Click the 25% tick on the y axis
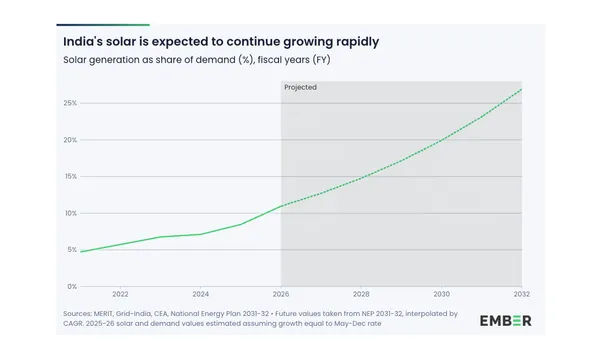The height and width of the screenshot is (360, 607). coord(70,103)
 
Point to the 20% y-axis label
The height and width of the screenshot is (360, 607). coord(70,140)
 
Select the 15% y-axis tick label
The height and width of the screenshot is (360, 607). coord(70,176)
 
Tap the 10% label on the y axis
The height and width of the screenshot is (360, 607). coord(70,213)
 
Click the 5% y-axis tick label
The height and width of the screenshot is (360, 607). coord(71,250)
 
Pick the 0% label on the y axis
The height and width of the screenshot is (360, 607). coord(71,286)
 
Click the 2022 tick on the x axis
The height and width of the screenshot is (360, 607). coord(120,295)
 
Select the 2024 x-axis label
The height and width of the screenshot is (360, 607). coord(200,295)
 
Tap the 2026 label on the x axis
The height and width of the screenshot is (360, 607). coord(280,295)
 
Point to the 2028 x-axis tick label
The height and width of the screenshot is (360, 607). coord(361,295)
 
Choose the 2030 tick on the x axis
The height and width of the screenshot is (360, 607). coord(441,295)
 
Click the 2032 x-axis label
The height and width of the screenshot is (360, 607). coord(520,295)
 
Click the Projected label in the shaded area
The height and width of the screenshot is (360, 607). coord(300,88)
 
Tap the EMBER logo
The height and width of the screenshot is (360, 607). coord(505,320)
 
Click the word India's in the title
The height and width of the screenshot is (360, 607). coord(85,42)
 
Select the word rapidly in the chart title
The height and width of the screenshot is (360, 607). coord(353,42)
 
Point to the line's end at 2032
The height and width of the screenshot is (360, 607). coord(521,90)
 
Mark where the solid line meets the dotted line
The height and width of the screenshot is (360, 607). coord(281,206)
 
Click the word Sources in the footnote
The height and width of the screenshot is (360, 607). coord(79,313)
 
